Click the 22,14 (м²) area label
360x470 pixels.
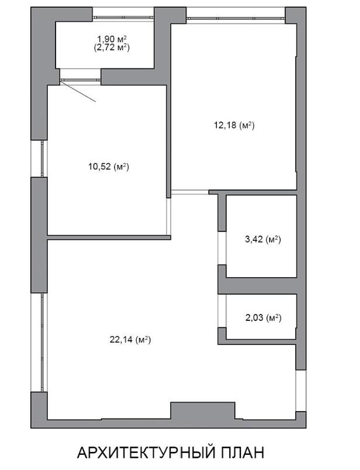click(x=130, y=340)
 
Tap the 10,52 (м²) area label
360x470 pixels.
click(x=109, y=167)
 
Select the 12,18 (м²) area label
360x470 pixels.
click(x=234, y=125)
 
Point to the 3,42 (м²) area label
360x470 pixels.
click(x=263, y=239)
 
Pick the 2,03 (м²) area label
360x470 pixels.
click(x=263, y=317)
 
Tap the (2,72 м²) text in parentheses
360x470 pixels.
click(x=112, y=47)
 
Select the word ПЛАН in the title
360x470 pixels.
click(x=242, y=452)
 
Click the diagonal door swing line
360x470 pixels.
click(x=78, y=91)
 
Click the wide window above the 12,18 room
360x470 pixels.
click(x=236, y=18)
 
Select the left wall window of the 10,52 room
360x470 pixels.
click(x=43, y=158)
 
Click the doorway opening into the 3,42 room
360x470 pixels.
click(x=222, y=248)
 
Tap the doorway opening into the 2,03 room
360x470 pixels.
click(x=222, y=311)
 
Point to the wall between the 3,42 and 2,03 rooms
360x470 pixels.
click(x=257, y=286)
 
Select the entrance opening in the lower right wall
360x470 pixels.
click(x=301, y=390)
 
